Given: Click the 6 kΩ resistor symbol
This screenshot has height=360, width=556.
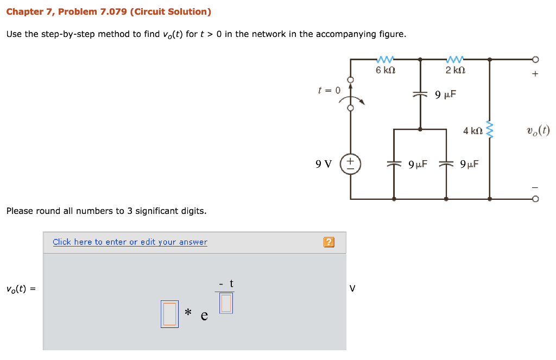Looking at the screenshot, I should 385,59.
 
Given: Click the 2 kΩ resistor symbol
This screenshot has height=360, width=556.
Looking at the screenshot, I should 455,59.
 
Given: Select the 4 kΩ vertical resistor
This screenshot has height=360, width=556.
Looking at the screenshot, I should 490,130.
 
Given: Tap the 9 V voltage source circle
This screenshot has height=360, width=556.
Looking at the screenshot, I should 350,162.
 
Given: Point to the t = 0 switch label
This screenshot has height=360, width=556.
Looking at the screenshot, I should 329,90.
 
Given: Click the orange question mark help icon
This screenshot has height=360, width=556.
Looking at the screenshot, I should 328,242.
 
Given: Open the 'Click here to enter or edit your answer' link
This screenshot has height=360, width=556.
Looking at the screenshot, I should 130,242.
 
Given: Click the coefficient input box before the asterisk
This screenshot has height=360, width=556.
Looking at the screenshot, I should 169,314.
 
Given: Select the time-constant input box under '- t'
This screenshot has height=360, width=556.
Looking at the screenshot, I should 226,303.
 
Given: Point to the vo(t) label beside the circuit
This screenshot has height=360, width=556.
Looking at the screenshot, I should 538,130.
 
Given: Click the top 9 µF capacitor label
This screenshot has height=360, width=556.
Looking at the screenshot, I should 446,95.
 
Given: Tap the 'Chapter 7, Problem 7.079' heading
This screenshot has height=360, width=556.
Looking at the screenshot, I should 109,11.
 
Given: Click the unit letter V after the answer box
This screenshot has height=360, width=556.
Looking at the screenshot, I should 352,289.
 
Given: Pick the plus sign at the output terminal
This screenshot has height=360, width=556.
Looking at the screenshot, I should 535,74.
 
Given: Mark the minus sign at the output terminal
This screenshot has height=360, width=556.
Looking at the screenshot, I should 535,187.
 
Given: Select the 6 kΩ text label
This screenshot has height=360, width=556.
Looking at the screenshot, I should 386,71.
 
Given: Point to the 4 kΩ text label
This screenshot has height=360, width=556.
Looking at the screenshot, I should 472,130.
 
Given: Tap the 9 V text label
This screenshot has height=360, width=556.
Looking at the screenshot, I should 324,163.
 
